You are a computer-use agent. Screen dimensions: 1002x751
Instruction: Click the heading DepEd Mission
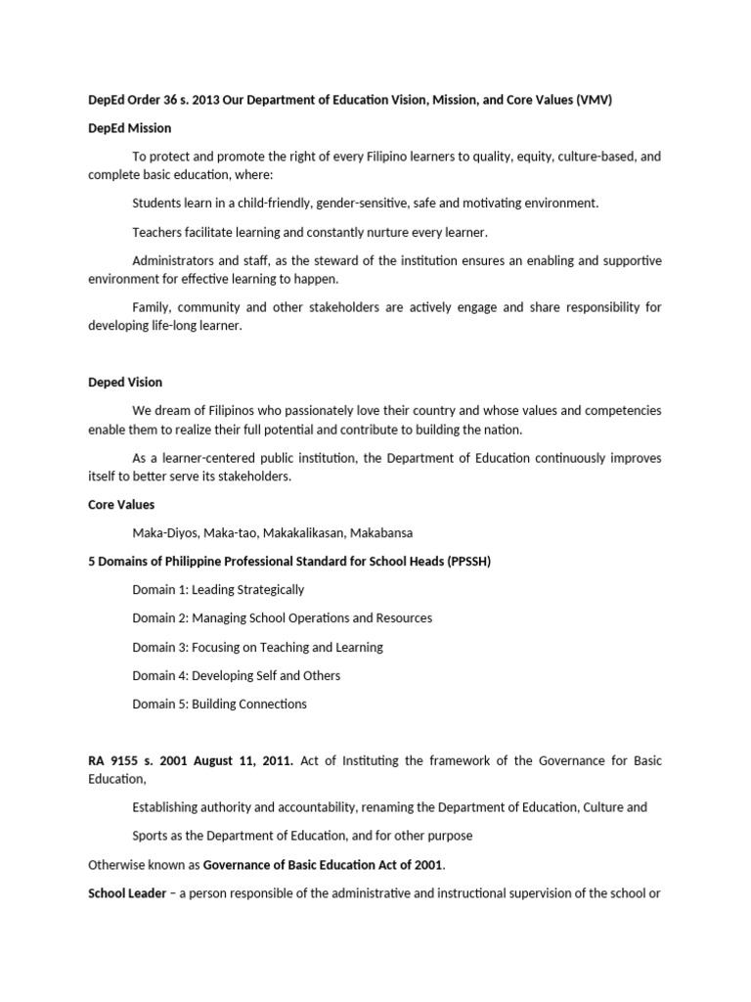pos(129,128)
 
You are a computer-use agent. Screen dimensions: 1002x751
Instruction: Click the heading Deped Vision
pos(125,382)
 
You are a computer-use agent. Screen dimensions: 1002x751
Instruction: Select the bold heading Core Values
pos(121,505)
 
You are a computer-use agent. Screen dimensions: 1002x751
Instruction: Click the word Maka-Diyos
pos(163,533)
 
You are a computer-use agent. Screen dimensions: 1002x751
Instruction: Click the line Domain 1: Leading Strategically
pos(218,590)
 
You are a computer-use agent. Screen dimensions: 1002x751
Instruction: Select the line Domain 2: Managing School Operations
pos(282,618)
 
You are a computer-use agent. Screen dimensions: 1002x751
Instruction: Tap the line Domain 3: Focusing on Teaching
pos(257,647)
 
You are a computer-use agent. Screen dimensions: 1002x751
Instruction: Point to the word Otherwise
pos(120,865)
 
